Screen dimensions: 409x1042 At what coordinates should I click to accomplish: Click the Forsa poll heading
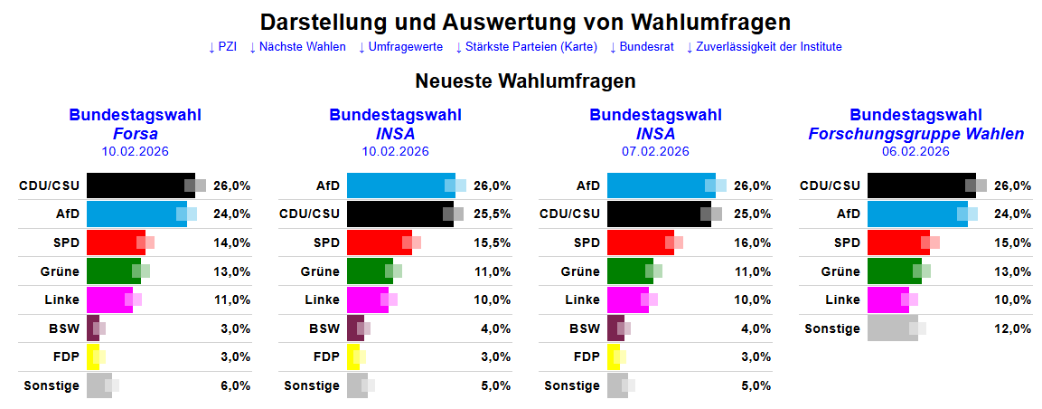pos(135,133)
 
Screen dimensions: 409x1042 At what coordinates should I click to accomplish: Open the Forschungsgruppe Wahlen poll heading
pos(915,133)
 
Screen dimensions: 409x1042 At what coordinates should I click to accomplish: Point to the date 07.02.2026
pos(655,152)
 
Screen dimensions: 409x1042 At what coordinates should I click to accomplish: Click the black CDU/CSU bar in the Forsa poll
pos(140,185)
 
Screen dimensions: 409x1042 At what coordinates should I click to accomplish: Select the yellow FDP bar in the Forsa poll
pos(92,357)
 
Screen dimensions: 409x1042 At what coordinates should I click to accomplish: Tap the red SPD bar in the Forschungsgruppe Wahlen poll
pos(898,243)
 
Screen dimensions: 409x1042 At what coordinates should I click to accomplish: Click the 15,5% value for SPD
pos(492,243)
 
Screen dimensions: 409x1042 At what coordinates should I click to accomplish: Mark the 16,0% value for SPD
pos(752,243)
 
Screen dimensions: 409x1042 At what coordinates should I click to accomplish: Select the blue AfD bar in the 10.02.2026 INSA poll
pos(400,185)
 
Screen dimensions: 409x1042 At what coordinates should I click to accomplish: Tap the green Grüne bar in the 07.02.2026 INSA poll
pos(630,271)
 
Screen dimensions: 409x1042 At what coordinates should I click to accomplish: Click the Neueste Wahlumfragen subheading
pos(525,81)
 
